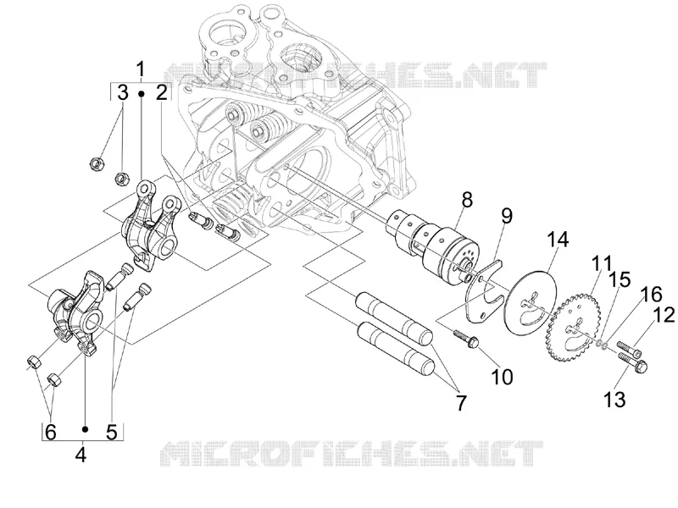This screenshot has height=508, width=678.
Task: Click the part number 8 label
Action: [467, 200]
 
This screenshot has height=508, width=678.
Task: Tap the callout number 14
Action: [558, 240]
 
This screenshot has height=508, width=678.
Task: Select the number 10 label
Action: [502, 377]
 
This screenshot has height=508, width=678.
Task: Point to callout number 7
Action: [461, 404]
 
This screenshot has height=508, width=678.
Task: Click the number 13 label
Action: [614, 400]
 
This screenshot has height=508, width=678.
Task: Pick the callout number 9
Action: [506, 215]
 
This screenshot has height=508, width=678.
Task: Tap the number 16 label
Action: [652, 295]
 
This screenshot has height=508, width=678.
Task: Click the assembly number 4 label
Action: [81, 455]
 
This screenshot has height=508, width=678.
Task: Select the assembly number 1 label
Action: [140, 69]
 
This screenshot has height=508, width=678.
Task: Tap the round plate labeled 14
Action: [530, 301]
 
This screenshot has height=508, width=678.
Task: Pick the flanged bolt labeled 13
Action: [632, 362]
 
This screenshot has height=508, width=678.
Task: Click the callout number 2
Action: [161, 92]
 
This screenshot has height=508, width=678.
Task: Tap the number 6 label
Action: [51, 432]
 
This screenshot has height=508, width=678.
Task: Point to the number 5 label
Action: [112, 432]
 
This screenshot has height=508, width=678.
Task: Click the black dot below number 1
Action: [141, 93]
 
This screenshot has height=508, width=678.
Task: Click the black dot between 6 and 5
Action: [86, 429]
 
